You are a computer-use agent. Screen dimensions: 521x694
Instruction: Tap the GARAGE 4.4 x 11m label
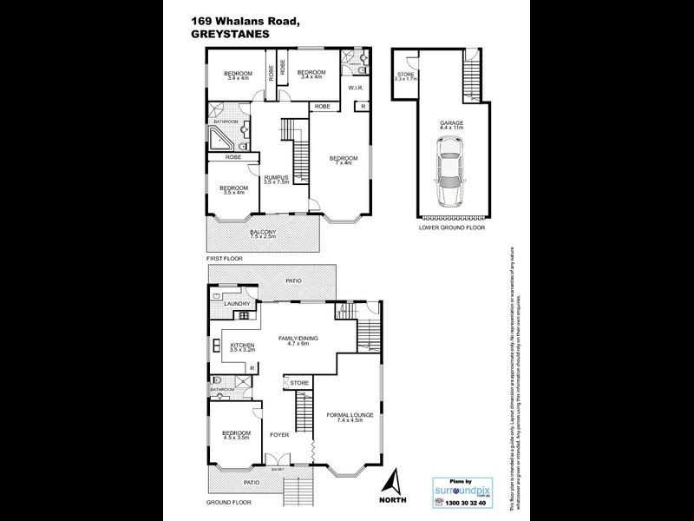click(449, 125)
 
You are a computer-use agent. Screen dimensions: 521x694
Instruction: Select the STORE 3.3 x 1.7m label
click(407, 76)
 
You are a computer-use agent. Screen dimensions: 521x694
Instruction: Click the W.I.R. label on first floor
click(356, 88)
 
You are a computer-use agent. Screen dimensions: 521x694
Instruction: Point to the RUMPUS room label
click(276, 180)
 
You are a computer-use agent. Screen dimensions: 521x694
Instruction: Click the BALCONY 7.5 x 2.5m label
click(263, 234)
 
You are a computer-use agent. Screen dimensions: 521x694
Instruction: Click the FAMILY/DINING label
click(298, 340)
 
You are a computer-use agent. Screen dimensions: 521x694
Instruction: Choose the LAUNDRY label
click(237, 303)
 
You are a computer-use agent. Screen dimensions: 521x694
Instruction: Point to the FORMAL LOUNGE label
click(350, 418)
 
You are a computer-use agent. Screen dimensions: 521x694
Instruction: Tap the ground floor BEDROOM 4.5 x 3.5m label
click(235, 435)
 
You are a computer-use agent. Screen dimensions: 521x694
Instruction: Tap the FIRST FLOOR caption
click(225, 259)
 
